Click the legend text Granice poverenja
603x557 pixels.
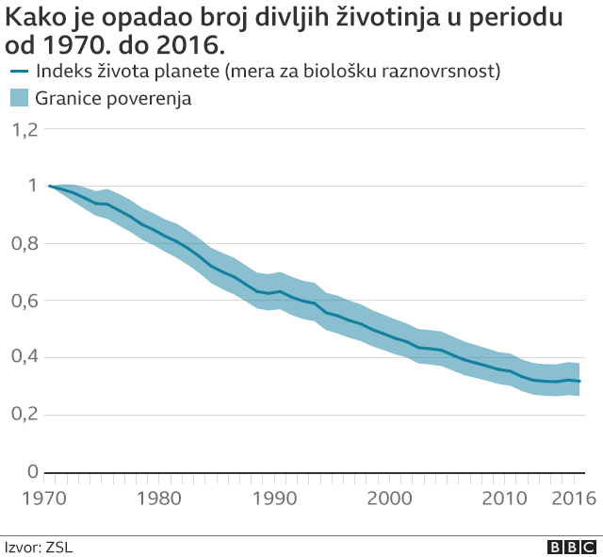point(113,98)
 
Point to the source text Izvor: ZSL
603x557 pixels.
point(39,546)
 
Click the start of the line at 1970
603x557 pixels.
point(49,187)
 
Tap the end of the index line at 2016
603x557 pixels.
point(580,382)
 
